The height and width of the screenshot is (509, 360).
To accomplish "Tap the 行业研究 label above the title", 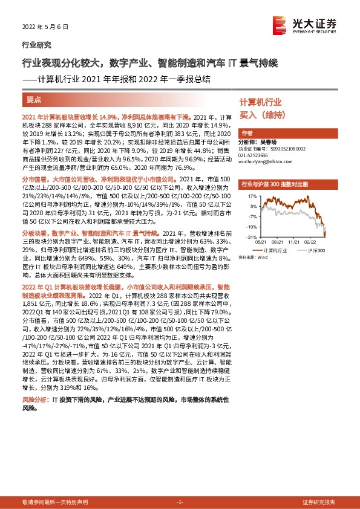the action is (36, 45).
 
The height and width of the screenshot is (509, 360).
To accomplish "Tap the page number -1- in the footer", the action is (180, 502).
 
